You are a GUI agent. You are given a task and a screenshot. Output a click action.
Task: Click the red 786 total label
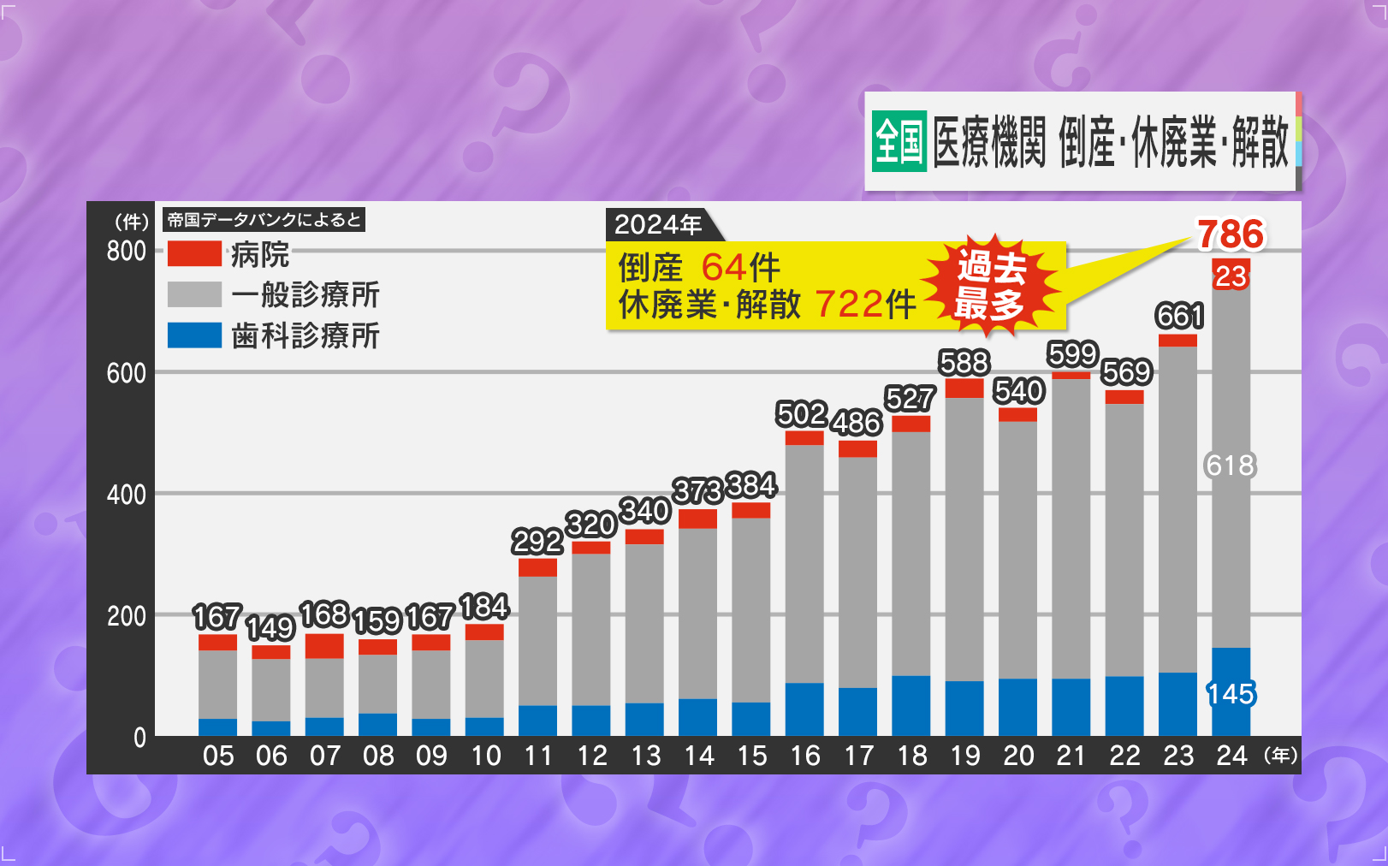coord(1230,234)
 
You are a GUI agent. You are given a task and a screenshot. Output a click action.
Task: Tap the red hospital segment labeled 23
coord(1231,276)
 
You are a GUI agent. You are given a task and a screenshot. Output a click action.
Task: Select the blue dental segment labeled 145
coord(1231,693)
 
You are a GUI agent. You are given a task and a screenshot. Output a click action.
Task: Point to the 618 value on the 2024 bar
coord(1231,466)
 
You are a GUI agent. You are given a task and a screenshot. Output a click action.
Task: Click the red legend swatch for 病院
coord(194,253)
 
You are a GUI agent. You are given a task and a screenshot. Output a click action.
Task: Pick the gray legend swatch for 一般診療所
coord(194,294)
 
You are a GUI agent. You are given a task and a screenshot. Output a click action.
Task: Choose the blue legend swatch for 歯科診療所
coord(194,335)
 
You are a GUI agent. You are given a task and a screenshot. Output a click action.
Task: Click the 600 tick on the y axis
coord(126,373)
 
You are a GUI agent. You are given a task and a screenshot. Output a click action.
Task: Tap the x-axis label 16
coord(804,756)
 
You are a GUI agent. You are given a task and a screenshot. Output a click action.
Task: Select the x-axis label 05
coord(218,756)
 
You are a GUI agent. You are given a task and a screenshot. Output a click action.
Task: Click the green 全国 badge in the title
coord(899,141)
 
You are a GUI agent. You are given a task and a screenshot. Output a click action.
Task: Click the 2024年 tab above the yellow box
coord(658,225)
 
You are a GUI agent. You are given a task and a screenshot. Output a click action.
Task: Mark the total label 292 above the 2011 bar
coord(537,542)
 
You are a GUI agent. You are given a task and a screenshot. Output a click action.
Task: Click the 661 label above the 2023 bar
coord(1179,317)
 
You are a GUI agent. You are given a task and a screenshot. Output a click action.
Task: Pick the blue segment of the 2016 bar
coord(804,709)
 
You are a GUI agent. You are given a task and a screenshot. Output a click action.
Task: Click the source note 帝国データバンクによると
coord(264,220)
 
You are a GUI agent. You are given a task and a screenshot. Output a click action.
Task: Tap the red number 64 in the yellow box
coord(723,268)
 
